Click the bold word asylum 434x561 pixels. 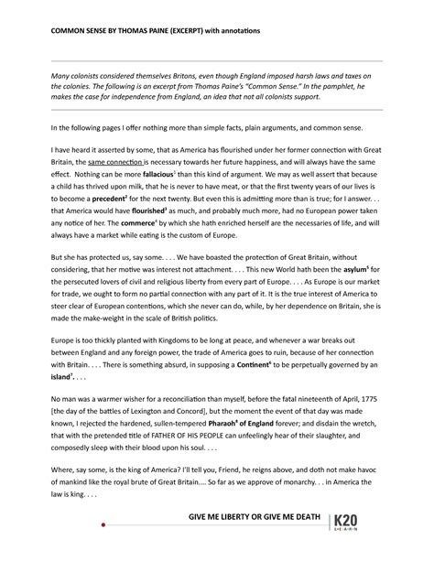(x=354, y=274)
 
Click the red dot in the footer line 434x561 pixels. (x=103, y=526)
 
